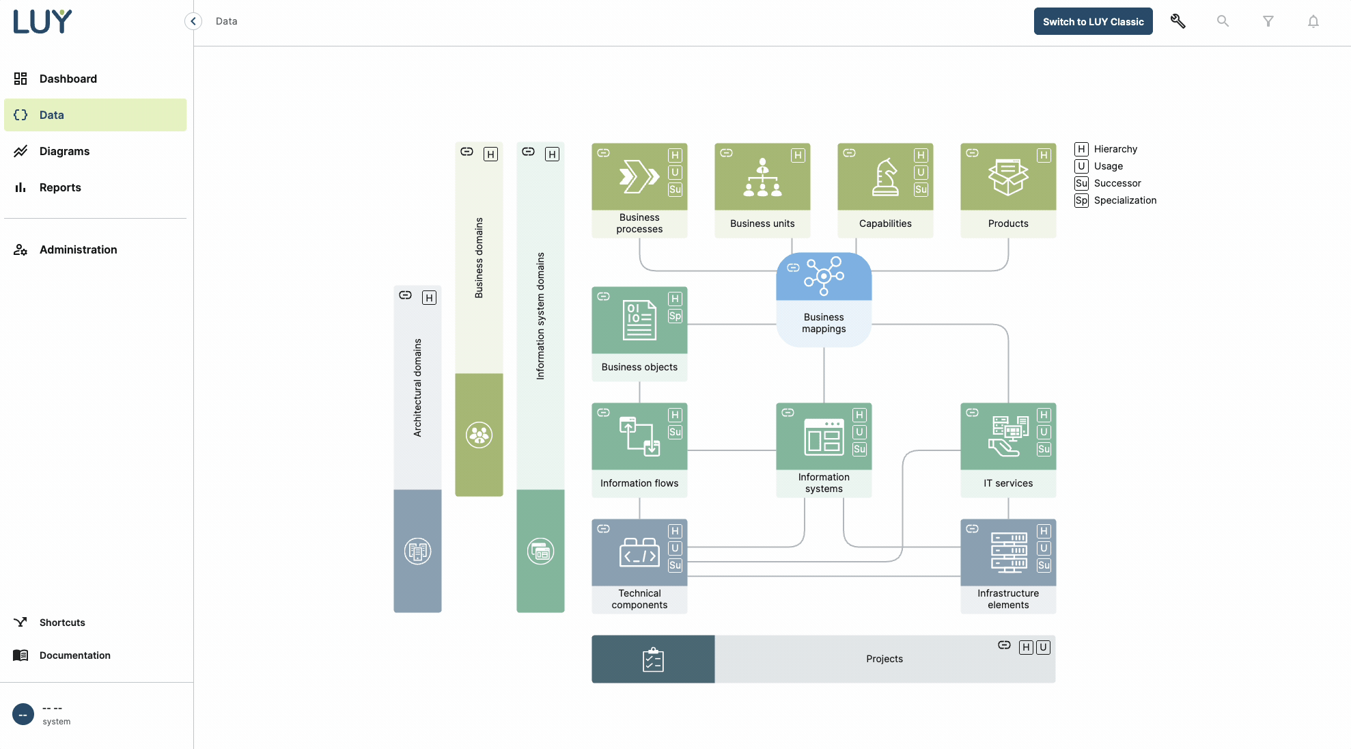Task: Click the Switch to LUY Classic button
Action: [x=1093, y=21]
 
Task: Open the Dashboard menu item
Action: [x=68, y=79]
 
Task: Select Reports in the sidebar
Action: [x=60, y=187]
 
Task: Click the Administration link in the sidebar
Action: [x=78, y=249]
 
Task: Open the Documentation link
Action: [x=74, y=655]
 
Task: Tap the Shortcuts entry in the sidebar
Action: [x=62, y=623]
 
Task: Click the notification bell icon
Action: [x=1313, y=21]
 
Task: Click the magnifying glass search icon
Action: [x=1223, y=21]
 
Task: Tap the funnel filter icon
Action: [x=1268, y=21]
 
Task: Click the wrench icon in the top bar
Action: [x=1178, y=21]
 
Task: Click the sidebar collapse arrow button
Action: [x=193, y=21]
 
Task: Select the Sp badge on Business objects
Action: [x=675, y=316]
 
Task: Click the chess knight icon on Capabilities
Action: [x=885, y=177]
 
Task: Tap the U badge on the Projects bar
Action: [x=1043, y=647]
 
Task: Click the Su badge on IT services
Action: [x=1044, y=449]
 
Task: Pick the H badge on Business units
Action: [x=798, y=155]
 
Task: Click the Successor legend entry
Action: [x=1117, y=183]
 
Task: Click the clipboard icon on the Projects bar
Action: [x=653, y=659]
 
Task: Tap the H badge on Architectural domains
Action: [x=429, y=297]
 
